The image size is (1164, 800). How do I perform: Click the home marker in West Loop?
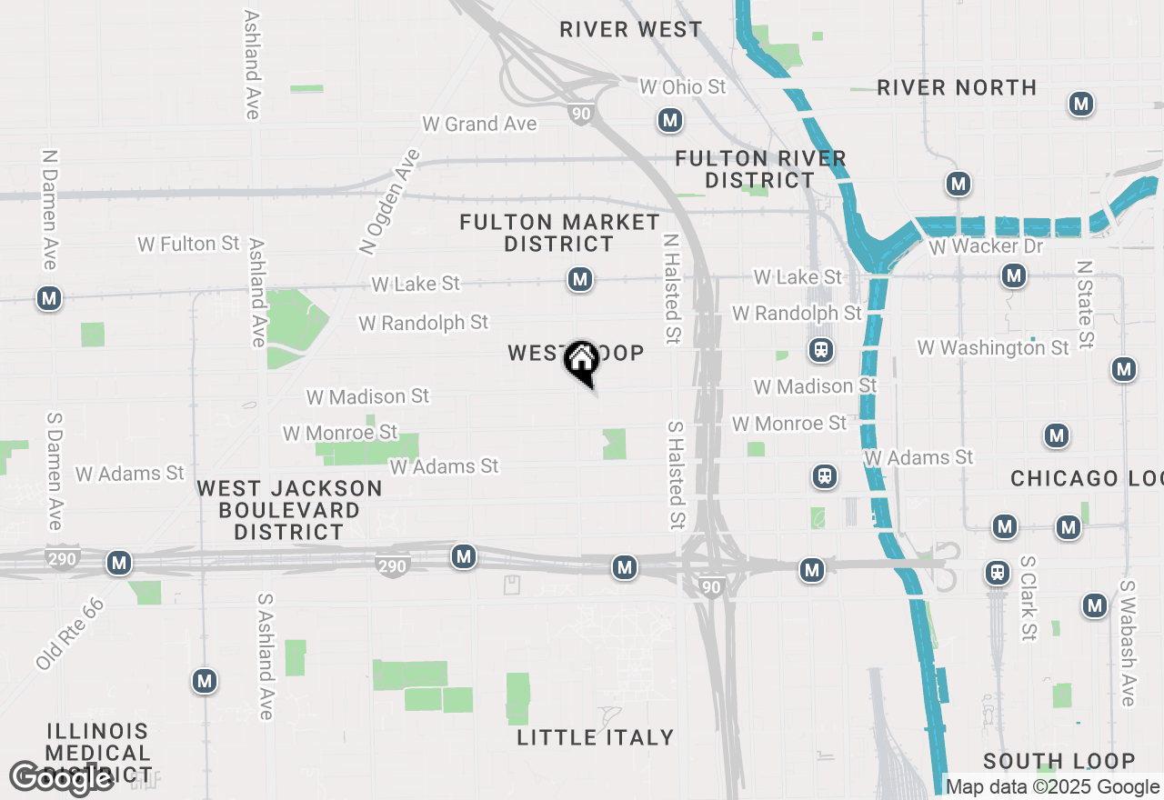pyautogui.click(x=581, y=363)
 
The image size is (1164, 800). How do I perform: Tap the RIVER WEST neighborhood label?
pyautogui.click(x=631, y=29)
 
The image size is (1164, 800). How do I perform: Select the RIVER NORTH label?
pyautogui.click(x=957, y=87)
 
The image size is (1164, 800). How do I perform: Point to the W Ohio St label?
pyautogui.click(x=683, y=86)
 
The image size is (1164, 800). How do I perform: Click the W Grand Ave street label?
pyautogui.click(x=479, y=124)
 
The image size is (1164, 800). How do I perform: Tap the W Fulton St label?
pyautogui.click(x=188, y=244)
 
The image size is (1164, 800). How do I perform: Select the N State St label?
pyautogui.click(x=1084, y=305)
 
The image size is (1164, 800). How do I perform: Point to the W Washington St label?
pyautogui.click(x=993, y=347)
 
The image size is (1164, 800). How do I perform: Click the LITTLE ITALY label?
pyautogui.click(x=596, y=737)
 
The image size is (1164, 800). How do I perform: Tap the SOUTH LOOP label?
pyautogui.click(x=1059, y=761)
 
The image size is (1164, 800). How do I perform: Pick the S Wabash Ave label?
pyautogui.click(x=1128, y=643)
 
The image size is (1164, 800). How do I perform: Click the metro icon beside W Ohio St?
pyautogui.click(x=670, y=120)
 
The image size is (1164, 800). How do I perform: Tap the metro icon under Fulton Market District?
pyautogui.click(x=580, y=279)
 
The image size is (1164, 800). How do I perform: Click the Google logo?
pyautogui.click(x=62, y=778)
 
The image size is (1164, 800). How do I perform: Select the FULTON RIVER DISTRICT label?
pyautogui.click(x=760, y=169)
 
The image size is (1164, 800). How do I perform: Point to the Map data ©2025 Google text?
pyautogui.click(x=1053, y=786)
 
